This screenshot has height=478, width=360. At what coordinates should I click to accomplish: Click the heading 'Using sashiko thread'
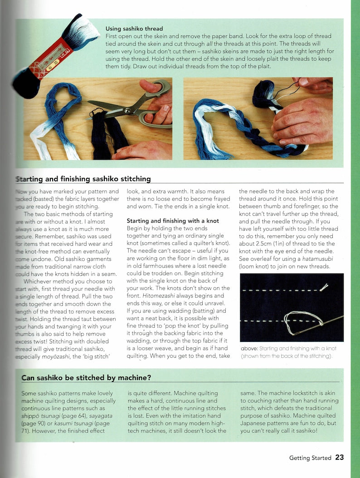click(134, 28)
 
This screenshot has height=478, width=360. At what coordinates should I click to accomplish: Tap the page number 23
click(340, 457)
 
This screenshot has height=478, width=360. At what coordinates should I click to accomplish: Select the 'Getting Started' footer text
click(310, 458)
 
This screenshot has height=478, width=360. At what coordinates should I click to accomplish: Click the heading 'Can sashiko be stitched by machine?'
click(86, 377)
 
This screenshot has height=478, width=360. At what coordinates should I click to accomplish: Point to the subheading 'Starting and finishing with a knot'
click(173, 221)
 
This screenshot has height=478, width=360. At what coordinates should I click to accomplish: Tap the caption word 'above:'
click(250, 348)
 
